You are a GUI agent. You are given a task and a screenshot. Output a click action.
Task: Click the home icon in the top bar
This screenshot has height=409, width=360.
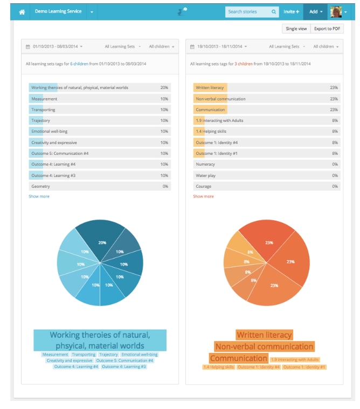click(x=22, y=12)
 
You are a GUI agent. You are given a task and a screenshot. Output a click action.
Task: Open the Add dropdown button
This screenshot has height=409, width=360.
click(x=315, y=11)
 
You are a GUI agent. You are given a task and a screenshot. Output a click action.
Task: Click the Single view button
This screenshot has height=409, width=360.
click(x=296, y=29)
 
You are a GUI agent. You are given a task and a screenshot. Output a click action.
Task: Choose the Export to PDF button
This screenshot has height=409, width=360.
click(x=327, y=29)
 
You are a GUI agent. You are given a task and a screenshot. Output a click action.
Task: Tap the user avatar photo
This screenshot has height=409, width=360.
click(x=336, y=11)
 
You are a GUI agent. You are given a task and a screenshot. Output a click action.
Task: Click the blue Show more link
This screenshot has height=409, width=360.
click(x=39, y=196)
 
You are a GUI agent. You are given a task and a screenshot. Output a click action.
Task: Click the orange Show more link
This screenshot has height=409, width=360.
click(x=203, y=196)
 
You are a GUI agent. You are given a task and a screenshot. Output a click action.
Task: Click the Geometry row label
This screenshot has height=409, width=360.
click(x=41, y=186)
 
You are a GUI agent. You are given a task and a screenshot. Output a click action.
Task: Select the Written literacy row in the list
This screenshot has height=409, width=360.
click(x=210, y=87)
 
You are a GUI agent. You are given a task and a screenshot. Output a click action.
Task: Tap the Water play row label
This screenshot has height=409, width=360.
click(x=205, y=175)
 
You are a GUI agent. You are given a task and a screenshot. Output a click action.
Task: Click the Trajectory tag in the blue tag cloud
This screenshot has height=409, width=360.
click(x=108, y=355)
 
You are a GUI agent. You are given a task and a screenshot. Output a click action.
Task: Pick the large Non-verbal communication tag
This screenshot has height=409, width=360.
click(x=264, y=346)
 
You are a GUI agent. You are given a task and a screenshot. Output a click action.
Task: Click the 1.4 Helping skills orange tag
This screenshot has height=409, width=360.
click(x=218, y=367)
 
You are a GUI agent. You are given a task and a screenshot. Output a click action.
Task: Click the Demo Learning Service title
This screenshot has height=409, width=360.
click(x=58, y=11)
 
